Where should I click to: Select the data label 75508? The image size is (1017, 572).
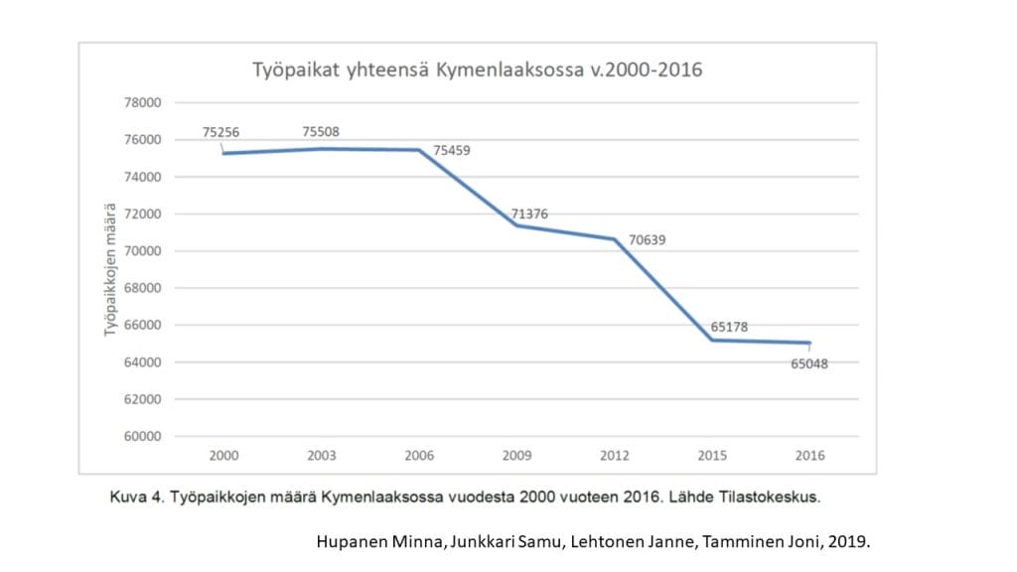click(x=322, y=131)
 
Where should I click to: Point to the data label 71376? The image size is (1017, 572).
click(x=528, y=214)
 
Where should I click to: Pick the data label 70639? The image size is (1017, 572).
click(x=648, y=240)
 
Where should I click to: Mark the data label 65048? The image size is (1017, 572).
click(x=808, y=363)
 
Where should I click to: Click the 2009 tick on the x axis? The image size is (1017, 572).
click(x=517, y=455)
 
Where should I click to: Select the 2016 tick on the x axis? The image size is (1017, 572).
click(x=810, y=455)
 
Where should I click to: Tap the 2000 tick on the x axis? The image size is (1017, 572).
click(x=223, y=455)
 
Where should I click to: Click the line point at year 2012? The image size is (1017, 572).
click(x=616, y=238)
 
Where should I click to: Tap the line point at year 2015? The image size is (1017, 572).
click(x=713, y=340)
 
